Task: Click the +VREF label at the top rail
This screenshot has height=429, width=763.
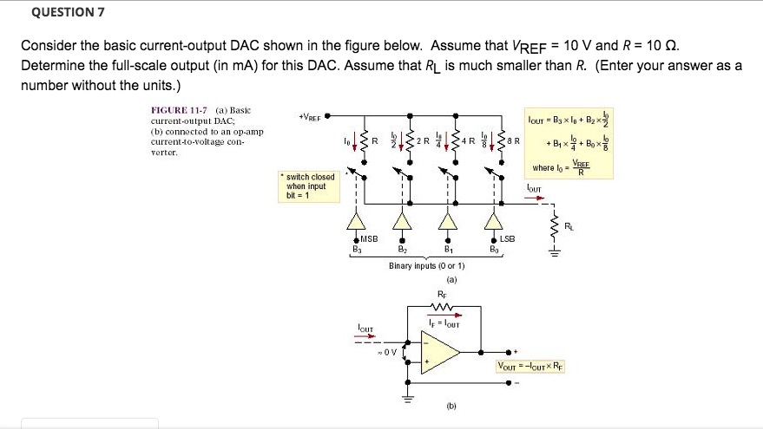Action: point(310,117)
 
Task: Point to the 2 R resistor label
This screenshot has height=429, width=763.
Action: point(422,140)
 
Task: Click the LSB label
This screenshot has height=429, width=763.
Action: point(507,238)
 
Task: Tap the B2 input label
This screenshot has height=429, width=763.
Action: point(402,250)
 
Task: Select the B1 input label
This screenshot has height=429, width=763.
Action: point(449,250)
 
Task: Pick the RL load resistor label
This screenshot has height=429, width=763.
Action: point(569,226)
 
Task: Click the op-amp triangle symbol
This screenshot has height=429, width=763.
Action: point(444,353)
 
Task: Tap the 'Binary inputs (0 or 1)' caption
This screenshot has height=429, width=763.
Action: point(427,265)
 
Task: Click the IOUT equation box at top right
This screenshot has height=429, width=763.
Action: point(568,140)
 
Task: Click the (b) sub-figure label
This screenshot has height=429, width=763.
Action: point(451,405)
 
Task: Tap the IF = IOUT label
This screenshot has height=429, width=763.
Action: point(444,323)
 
